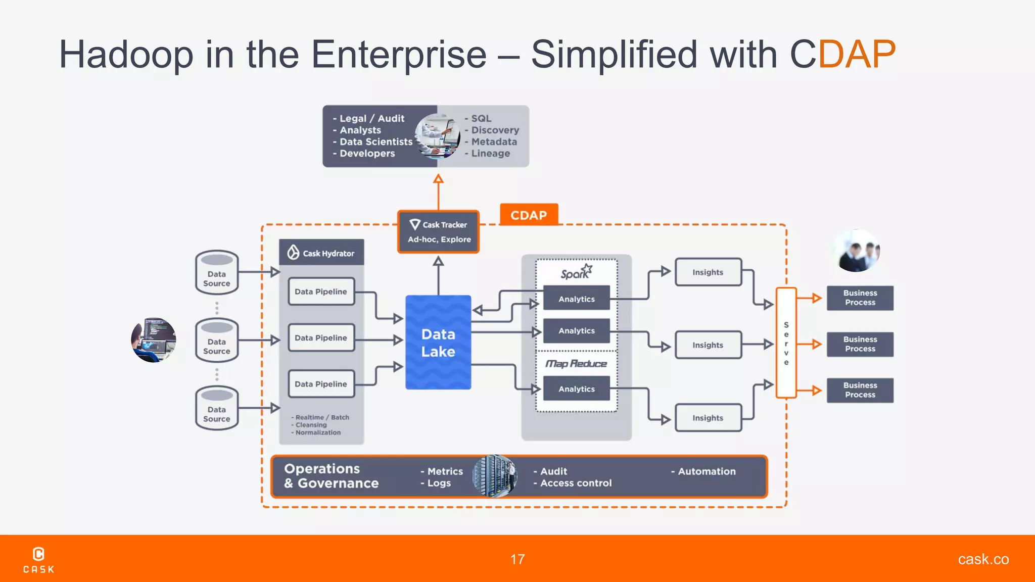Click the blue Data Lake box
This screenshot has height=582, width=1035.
click(438, 343)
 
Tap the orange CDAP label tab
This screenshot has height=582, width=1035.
click(529, 215)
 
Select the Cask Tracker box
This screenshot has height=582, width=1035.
click(438, 232)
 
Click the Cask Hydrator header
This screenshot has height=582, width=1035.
click(321, 253)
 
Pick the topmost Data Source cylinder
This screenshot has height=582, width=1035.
click(217, 273)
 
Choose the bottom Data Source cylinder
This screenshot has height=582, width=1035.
click(217, 408)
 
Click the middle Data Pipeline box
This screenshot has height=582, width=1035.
click(321, 337)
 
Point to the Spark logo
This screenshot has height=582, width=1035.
click(576, 272)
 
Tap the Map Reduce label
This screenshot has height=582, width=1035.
click(576, 364)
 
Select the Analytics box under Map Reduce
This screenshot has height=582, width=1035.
click(576, 389)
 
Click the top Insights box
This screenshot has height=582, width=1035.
click(708, 272)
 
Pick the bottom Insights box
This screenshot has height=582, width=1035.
click(708, 418)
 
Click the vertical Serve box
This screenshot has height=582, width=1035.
click(786, 343)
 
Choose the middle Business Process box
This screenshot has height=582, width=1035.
click(860, 344)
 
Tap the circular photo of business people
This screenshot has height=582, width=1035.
click(857, 251)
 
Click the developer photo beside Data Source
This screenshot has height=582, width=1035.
click(154, 340)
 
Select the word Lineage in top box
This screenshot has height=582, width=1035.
click(490, 154)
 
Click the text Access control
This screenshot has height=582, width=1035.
click(576, 483)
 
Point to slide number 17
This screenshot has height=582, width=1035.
click(517, 559)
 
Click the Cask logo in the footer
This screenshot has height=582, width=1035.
click(39, 560)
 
